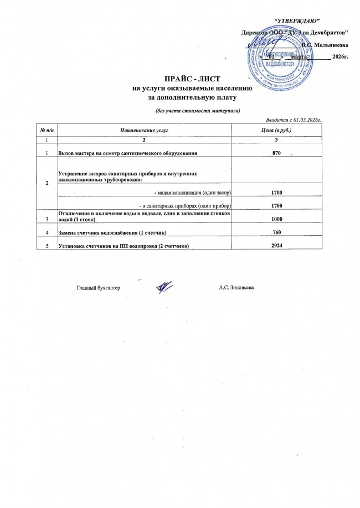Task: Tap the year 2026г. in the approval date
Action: coord(339,56)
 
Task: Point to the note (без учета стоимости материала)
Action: coord(197,111)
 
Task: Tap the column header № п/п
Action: coord(46,129)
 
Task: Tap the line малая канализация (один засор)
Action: coord(192,192)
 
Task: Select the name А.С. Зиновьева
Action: coord(236,288)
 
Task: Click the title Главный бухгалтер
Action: coord(98,288)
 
